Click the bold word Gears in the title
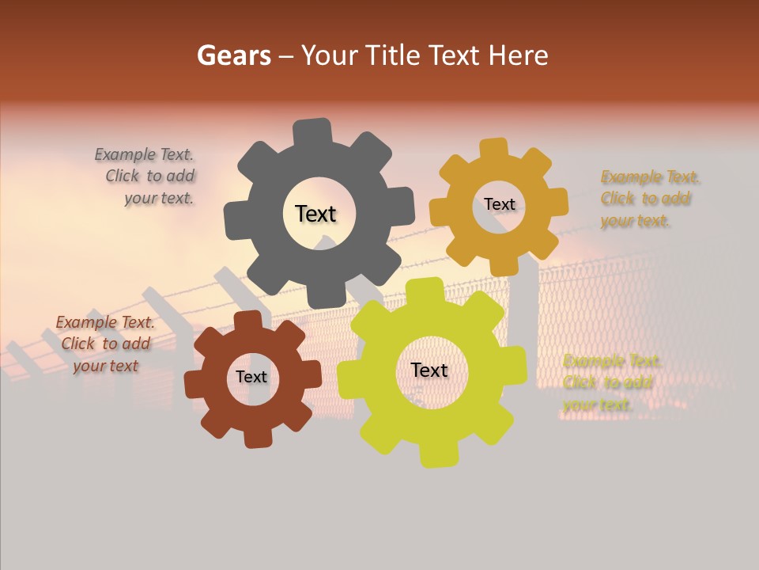click(234, 55)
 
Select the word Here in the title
click(518, 55)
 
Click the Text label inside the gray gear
click(315, 214)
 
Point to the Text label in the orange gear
click(499, 204)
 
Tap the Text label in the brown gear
click(251, 377)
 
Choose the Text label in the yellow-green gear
click(429, 370)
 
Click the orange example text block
click(647, 199)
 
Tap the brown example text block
click(104, 344)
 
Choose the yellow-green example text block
click(610, 382)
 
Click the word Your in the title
click(331, 55)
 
